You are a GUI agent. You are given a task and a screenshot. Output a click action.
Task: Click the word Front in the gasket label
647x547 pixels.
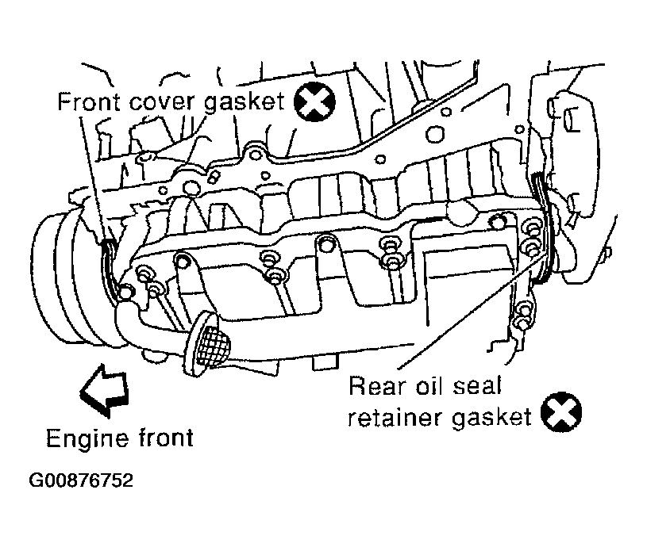tap(89, 101)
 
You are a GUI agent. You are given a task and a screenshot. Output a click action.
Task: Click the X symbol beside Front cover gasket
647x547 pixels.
tap(315, 101)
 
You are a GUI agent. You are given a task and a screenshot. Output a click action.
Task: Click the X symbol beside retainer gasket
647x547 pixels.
tap(561, 412)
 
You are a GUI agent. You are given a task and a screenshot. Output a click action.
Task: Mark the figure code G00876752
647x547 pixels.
tap(81, 480)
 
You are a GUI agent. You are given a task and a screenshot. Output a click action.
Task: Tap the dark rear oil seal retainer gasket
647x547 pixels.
tap(544, 227)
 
